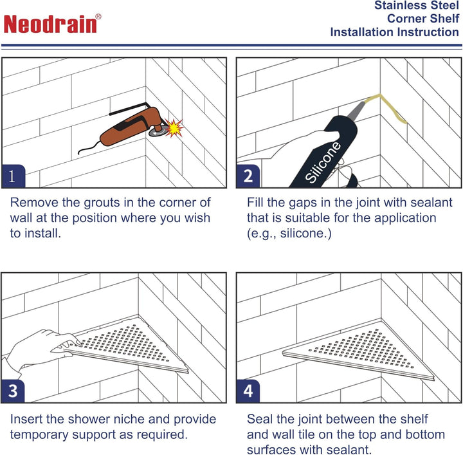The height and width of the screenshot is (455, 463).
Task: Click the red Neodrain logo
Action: pos(51,24)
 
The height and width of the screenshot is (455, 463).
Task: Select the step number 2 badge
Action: pos(248,176)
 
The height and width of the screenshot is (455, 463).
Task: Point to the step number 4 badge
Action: pos(248,390)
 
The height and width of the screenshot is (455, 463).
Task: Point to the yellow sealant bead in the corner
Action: pos(386,109)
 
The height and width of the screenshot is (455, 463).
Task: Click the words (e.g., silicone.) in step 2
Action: pos(289,233)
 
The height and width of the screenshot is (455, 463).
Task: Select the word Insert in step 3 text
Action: pos(27,420)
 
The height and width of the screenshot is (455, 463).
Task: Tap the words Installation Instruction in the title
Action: pos(394,32)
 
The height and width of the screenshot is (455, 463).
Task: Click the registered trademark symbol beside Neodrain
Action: pos(98,17)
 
